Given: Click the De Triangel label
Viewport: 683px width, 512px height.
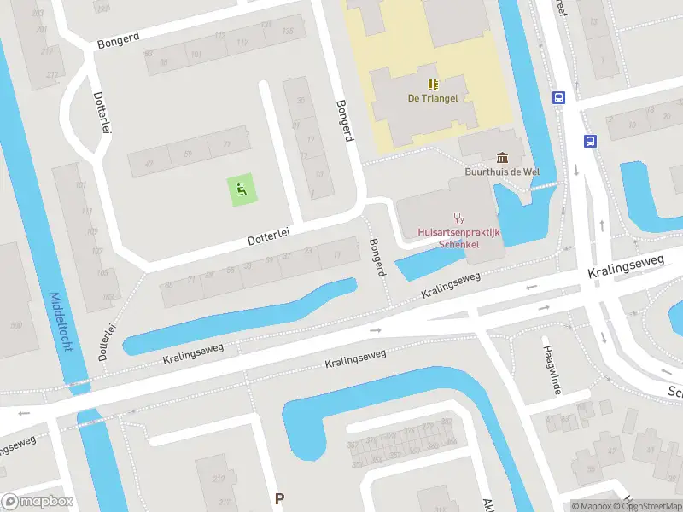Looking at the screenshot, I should click(432, 98).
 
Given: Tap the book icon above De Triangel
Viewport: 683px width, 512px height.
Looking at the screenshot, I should click(433, 84).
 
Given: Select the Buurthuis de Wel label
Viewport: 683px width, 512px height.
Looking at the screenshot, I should click(501, 171).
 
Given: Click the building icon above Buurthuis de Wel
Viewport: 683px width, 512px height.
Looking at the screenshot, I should click(501, 157).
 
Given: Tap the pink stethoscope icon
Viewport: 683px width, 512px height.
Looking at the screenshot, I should click(459, 218).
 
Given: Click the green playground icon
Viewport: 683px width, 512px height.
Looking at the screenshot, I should click(241, 189).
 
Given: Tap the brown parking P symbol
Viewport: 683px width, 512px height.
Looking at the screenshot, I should click(279, 498).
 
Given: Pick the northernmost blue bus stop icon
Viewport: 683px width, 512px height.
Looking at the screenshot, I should click(558, 98).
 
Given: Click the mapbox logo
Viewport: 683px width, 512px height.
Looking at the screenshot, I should click(38, 502).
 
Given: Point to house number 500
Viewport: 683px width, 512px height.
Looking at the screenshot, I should click(16, 325).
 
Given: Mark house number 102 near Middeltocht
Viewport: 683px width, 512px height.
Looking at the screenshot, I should click(108, 296).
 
